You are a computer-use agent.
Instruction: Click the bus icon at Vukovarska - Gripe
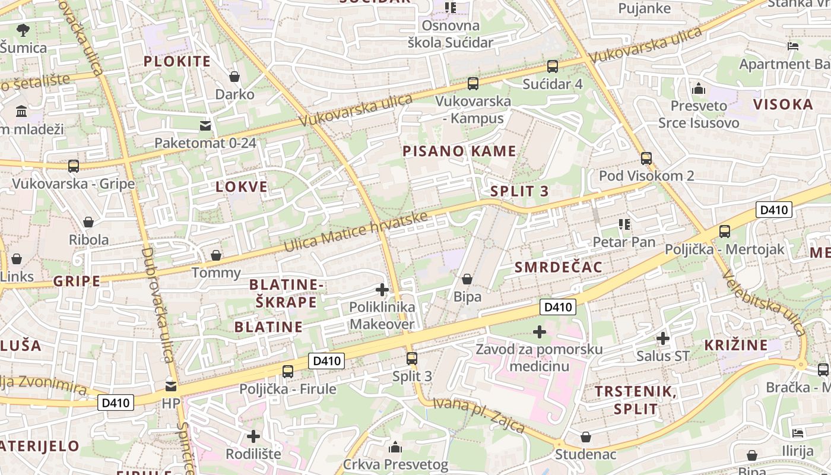74,166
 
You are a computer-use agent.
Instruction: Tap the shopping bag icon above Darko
234,77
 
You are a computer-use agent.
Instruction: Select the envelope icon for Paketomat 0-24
205,125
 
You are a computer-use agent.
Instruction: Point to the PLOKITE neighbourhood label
177,61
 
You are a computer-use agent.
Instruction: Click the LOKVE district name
242,187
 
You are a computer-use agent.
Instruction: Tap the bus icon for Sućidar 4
553,66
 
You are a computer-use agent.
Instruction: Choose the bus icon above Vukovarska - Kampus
473,84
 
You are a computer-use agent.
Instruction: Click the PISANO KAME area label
459,151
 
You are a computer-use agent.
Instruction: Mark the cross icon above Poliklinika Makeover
382,290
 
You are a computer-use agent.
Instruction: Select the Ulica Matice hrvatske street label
356,232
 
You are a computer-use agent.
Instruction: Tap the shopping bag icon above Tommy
216,255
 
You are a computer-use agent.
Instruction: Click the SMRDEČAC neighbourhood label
558,267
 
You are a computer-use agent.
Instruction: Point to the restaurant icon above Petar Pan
624,224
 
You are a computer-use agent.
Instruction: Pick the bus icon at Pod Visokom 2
646,159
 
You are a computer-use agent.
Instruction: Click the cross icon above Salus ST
662,338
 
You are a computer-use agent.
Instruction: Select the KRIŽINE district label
735,345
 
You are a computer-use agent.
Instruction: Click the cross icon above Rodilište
253,436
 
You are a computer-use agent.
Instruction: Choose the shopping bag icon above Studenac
586,437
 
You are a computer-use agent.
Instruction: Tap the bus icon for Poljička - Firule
288,372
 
